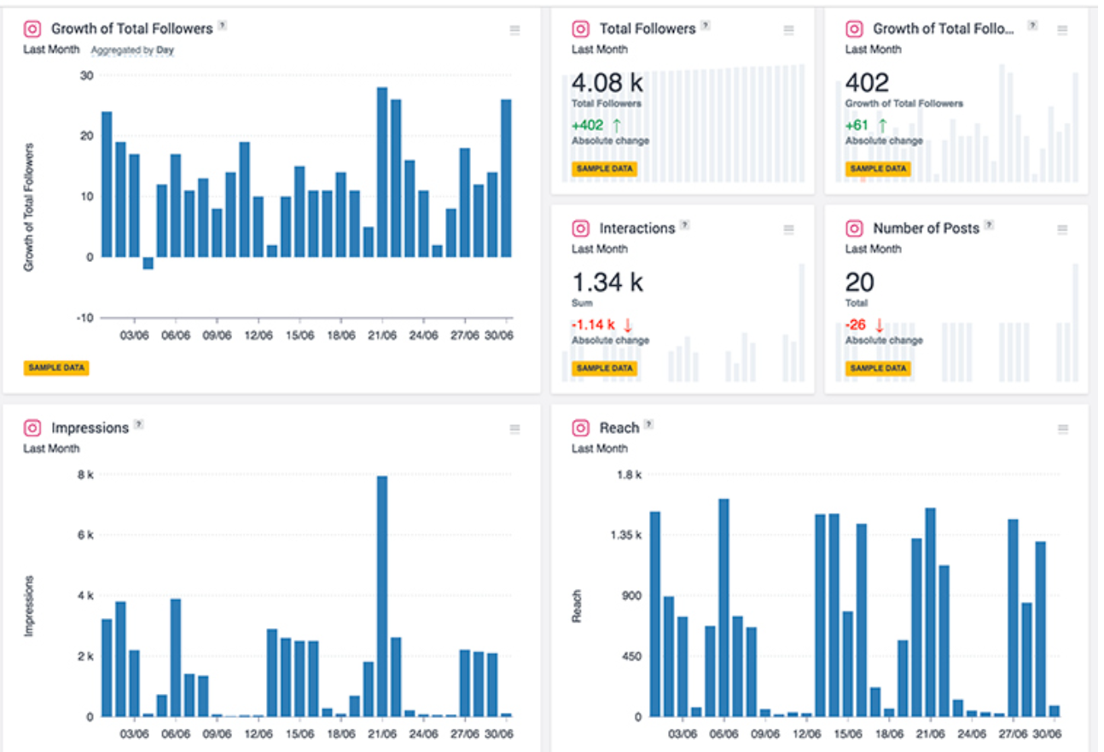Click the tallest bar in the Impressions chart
tap(382, 598)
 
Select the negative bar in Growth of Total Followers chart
tap(148, 263)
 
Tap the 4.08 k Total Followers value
tap(607, 83)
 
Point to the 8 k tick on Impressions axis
tap(85, 475)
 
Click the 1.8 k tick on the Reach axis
tap(630, 475)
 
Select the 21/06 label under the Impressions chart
tap(382, 733)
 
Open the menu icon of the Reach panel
tap(1062, 429)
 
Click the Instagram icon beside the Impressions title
tap(32, 428)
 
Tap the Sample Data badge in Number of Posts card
tap(877, 368)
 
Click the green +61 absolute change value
tap(857, 125)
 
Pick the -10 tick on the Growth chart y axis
tap(84, 318)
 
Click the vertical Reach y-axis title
tap(578, 605)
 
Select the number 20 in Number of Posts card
tap(859, 283)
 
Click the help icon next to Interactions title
tap(684, 225)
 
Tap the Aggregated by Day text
tap(132, 50)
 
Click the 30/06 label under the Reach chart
tap(1048, 733)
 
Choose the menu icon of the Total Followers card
tap(788, 30)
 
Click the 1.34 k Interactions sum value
tap(607, 283)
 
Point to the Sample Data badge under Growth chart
tap(56, 368)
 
